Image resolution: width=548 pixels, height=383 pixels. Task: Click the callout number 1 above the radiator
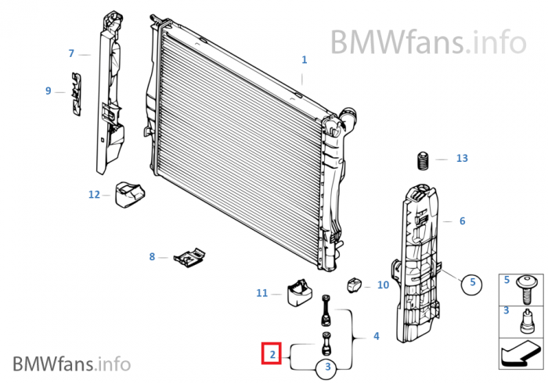click(x=305, y=59)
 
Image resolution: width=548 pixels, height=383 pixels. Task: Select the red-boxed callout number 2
click(x=272, y=355)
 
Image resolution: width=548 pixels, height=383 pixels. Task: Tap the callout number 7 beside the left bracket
click(x=71, y=54)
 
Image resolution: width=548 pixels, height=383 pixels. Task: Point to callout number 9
click(x=49, y=91)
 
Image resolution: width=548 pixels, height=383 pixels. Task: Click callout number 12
click(x=94, y=195)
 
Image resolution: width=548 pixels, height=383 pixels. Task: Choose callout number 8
click(x=153, y=256)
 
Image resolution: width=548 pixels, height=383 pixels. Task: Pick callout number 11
click(x=262, y=293)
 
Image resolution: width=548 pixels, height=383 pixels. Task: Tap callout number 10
click(x=383, y=285)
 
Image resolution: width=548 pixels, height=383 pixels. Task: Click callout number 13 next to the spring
click(x=462, y=159)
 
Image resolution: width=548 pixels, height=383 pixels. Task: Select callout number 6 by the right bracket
click(x=462, y=221)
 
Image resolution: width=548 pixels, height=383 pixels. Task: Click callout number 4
click(x=376, y=336)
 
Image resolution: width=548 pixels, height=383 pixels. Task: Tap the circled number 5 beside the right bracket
click(x=470, y=284)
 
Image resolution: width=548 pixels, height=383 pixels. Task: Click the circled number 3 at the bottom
click(x=328, y=366)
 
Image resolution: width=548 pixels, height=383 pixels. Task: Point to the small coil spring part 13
click(x=422, y=162)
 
